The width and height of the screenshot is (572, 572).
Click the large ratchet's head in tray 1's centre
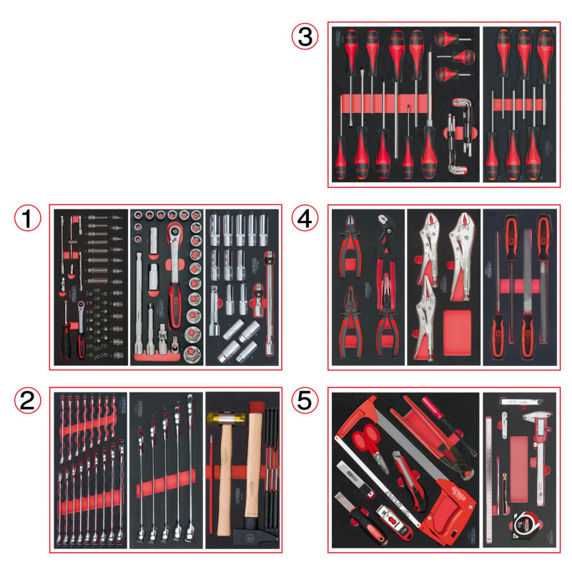point(174,232)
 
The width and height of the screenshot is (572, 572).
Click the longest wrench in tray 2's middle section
point(192,465)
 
